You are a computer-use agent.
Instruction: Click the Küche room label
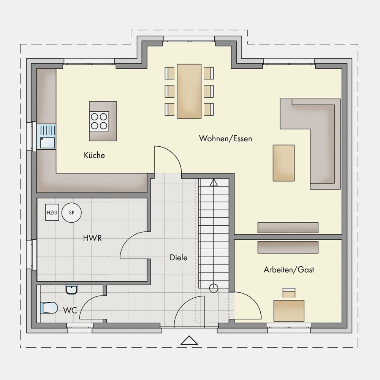[x=94, y=155]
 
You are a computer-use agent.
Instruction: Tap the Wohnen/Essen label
[x=225, y=138]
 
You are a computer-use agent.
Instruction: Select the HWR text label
[x=92, y=238]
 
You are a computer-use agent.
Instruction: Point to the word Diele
[x=179, y=257]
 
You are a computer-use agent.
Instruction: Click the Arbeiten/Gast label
[x=289, y=269]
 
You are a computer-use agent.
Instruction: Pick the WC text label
[x=70, y=310]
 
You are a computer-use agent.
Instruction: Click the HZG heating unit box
[x=52, y=212]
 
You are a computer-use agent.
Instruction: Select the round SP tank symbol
[x=71, y=212]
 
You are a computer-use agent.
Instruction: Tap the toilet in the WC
[x=49, y=308]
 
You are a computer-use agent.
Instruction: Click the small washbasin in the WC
[x=72, y=289]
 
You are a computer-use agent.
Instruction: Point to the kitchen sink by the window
[x=46, y=136]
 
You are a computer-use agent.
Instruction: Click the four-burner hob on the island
[x=99, y=121]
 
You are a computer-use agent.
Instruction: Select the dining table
[x=189, y=91]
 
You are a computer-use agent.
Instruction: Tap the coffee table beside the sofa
[x=283, y=163]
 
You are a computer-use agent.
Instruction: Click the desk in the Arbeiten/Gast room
[x=289, y=310]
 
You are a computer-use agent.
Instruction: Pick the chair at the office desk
[x=289, y=293]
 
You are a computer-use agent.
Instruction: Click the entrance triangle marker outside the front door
[x=189, y=340]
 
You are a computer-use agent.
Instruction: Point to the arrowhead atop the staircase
[x=214, y=182]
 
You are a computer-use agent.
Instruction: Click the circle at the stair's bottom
[x=214, y=288]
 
